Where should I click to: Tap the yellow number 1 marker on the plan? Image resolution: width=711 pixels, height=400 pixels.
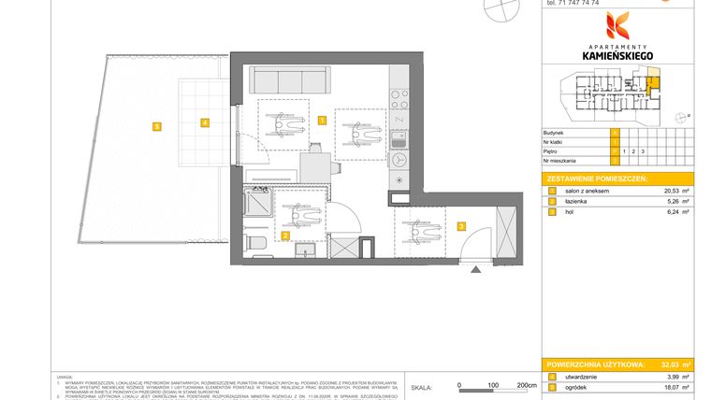point(321,120)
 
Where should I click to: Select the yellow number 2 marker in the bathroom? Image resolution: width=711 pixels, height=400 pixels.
point(284,236)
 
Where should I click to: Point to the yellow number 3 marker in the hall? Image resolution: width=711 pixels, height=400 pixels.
point(461,225)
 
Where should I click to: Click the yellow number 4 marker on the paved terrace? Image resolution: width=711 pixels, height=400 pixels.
point(203,121)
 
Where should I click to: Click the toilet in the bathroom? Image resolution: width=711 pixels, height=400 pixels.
point(255,241)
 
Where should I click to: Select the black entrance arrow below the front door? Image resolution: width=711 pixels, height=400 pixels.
point(478,269)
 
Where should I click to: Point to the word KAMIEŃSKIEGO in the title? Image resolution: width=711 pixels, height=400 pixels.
point(617,56)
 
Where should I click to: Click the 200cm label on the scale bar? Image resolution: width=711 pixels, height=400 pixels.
point(527,385)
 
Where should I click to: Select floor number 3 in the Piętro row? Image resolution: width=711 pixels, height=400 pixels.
point(643,150)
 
